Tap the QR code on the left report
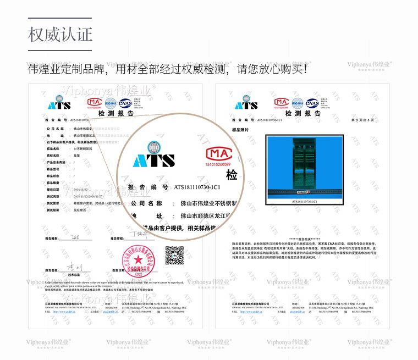point(174,254)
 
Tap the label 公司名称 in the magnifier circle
point(147,203)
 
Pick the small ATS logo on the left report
point(59,104)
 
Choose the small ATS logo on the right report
point(246,104)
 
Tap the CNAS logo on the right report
point(312,102)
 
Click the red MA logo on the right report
point(282,102)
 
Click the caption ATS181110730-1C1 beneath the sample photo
point(304,202)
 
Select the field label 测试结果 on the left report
point(53,209)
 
